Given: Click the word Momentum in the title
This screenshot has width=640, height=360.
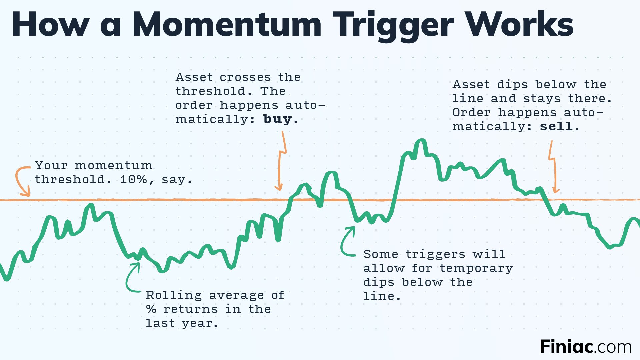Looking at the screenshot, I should [227, 25].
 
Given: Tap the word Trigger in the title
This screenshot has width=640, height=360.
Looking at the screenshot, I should [393, 25].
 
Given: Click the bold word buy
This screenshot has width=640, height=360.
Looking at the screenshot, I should [277, 119].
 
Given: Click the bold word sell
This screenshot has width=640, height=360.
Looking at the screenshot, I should [556, 126].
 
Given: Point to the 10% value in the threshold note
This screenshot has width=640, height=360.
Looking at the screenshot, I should [133, 180].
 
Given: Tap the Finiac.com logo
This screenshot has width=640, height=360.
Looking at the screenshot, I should [586, 347].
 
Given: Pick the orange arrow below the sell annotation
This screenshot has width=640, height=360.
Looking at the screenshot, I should [553, 167].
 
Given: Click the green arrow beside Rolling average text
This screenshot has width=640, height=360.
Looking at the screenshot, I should [132, 278].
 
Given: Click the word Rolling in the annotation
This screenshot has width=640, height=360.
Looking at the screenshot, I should [174, 295].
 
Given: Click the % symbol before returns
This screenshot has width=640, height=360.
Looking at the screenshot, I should [151, 309].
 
